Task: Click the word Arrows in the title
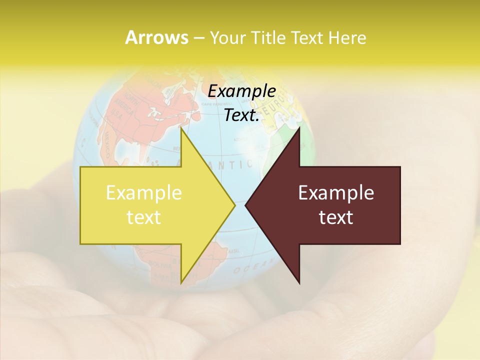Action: tap(156, 37)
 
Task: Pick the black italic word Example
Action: tap(241, 91)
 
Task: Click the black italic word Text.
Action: tap(241, 115)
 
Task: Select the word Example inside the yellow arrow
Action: tap(143, 192)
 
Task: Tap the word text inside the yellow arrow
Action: tap(143, 217)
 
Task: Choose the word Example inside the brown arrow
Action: tap(336, 192)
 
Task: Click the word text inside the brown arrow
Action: tap(336, 217)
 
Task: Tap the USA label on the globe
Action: tap(117, 114)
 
